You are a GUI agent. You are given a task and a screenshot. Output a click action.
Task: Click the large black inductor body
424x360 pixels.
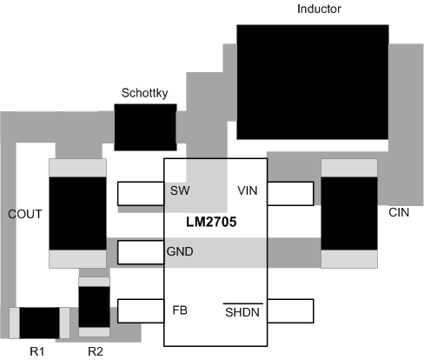coord(313,82)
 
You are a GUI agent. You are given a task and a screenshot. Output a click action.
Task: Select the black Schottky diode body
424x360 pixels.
coord(145,129)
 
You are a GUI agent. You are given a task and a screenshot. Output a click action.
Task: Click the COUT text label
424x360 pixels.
coord(23,213)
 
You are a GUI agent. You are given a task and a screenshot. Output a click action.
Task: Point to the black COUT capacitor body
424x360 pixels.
coord(77,213)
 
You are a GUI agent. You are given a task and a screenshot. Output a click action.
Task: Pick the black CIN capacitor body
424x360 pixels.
coord(349,213)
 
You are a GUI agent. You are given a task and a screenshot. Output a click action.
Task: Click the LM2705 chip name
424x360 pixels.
coord(211,222)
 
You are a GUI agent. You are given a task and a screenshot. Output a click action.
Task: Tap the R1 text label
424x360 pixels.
coord(36,350)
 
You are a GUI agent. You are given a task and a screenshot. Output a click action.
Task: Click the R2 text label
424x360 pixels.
coord(96,350)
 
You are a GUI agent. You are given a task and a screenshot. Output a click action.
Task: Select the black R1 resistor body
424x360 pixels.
coord(38,323)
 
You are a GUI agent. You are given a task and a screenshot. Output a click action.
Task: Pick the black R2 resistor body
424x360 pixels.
coord(94,306)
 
